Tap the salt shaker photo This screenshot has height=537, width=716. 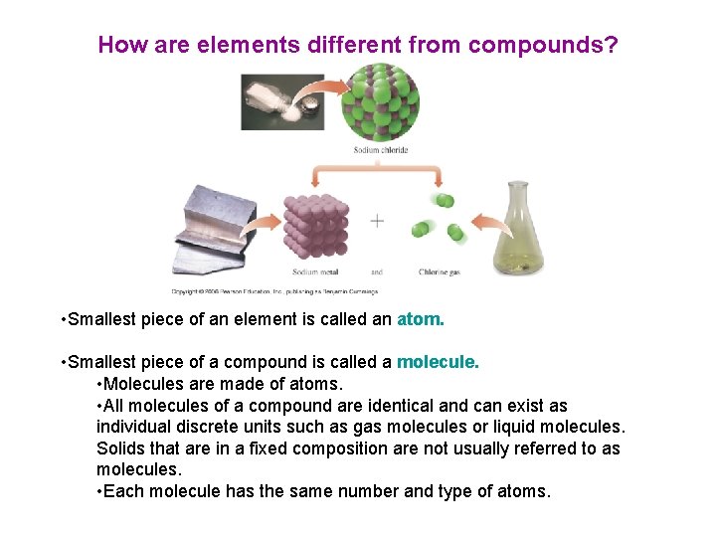pos(282,101)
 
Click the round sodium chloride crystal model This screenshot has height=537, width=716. pos(381,102)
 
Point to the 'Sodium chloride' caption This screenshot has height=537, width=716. pos(381,150)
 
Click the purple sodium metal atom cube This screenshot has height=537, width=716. pos(316,225)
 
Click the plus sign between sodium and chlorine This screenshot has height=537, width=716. pos(377,221)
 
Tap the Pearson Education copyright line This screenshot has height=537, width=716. pos(274,291)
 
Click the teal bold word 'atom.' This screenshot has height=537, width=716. pos(421,320)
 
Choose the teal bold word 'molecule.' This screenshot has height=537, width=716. pos(438,363)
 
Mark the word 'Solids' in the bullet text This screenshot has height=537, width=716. pos(121,448)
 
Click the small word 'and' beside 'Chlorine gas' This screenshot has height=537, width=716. pos(377,271)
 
